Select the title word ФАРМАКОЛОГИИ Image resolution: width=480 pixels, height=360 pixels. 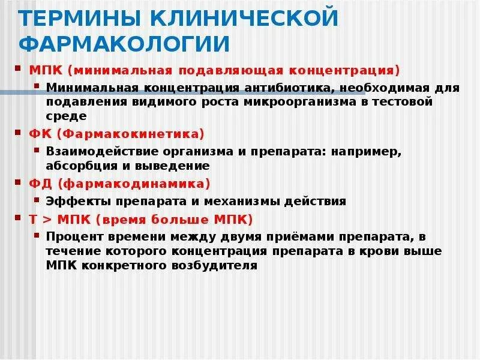[125, 44]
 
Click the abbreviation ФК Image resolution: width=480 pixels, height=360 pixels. [38, 133]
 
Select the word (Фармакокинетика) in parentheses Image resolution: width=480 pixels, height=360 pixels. [128, 133]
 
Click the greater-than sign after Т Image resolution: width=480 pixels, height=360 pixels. [47, 219]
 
